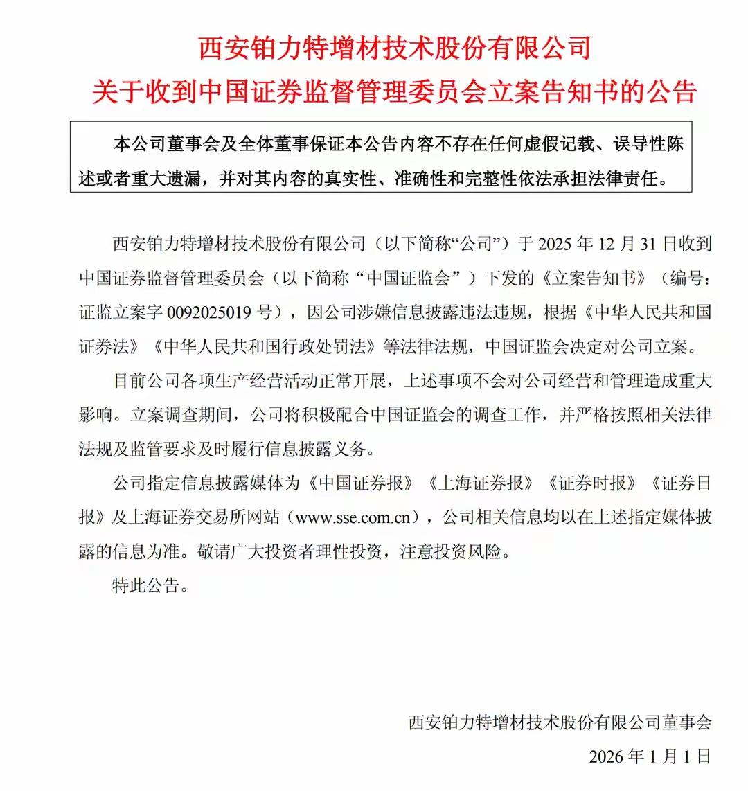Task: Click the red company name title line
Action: [x=395, y=49]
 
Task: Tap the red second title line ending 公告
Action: [x=395, y=91]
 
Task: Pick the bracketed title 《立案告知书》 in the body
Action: [x=595, y=278]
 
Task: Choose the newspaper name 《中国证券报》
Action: [x=362, y=483]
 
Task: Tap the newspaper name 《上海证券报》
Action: [x=481, y=483]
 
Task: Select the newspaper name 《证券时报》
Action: [x=591, y=483]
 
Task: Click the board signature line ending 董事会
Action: [x=560, y=722]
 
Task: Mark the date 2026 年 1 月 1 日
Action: [x=650, y=756]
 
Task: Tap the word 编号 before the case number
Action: [x=686, y=278]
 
